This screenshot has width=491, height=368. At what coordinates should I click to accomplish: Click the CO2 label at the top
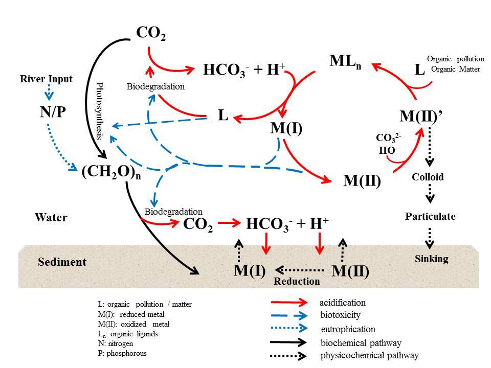coord(151,34)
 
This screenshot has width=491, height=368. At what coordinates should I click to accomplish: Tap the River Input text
coord(46,79)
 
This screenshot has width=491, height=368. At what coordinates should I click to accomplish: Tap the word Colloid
coord(428,177)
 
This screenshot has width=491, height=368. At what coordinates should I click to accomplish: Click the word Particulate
coord(430,216)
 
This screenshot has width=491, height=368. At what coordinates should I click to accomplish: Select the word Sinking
coord(431,259)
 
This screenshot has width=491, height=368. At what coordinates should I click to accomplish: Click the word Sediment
coord(62,262)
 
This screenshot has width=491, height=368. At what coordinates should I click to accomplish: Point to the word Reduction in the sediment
coord(297,281)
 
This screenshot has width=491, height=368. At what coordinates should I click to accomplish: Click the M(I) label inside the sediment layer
coord(250,270)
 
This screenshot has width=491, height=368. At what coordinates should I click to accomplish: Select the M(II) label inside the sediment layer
coord(351,271)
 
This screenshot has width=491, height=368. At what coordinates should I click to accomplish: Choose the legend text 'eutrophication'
coord(348,329)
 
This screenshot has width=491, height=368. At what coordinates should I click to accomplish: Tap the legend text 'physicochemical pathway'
coord(369,355)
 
